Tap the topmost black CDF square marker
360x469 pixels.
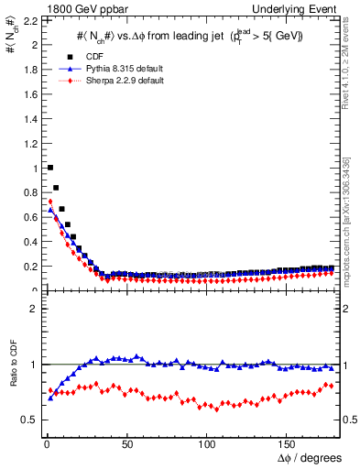click(x=49, y=168)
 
